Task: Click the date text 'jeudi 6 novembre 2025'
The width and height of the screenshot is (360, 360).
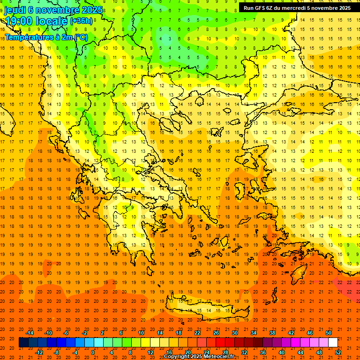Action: click(47, 9)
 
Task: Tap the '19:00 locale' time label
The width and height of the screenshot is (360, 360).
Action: click(36, 21)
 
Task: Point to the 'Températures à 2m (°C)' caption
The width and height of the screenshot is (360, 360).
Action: click(46, 37)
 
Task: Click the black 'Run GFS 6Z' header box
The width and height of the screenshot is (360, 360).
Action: click(297, 7)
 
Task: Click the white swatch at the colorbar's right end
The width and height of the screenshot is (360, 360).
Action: click(333, 343)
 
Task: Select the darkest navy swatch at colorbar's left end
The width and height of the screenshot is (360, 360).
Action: click(23, 343)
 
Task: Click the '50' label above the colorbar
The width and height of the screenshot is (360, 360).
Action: click(328, 333)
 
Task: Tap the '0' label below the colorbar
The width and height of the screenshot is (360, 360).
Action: click(93, 352)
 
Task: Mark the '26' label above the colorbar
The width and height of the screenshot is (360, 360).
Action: click(216, 333)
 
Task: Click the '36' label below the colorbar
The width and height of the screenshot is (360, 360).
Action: click(263, 352)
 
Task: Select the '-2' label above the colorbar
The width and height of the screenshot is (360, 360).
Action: click(84, 333)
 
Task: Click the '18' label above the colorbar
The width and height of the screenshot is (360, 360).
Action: click(179, 333)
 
